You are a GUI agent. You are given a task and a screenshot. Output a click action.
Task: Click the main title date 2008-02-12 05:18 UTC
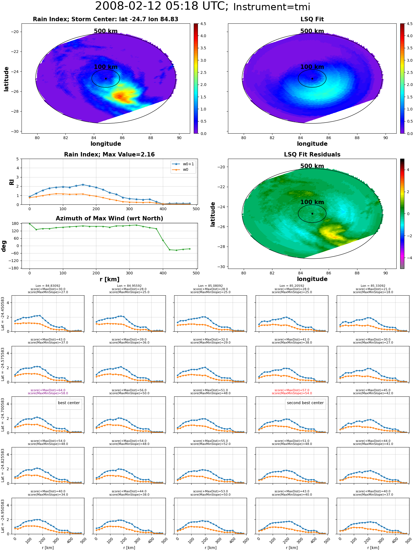coord(161,6)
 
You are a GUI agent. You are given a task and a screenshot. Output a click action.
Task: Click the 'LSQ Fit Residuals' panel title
coord(312,155)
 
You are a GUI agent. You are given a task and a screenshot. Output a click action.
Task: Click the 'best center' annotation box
coord(69,403)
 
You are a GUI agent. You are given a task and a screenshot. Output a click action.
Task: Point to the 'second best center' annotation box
coord(305,403)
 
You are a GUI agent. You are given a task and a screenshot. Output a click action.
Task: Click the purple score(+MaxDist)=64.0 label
coord(48,390)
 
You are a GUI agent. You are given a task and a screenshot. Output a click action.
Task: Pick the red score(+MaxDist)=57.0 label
coord(292,390)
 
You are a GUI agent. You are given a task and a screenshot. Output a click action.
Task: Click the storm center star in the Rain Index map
coord(106,79)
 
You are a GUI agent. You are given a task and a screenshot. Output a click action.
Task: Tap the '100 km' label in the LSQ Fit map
coord(312,67)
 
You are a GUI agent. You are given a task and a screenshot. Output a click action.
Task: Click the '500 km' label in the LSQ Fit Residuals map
coord(312,166)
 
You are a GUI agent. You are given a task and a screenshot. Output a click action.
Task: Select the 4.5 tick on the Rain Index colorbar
coord(203,24)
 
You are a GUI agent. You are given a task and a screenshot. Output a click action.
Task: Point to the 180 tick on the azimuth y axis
coord(15,223)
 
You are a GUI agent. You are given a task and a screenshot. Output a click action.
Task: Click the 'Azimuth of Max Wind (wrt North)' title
coord(110,218)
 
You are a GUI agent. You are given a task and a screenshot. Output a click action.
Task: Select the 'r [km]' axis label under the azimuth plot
coord(110,279)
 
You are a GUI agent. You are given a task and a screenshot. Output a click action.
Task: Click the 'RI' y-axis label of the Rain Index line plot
coord(12,182)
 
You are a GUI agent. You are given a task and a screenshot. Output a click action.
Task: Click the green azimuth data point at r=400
coord(163,240)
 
